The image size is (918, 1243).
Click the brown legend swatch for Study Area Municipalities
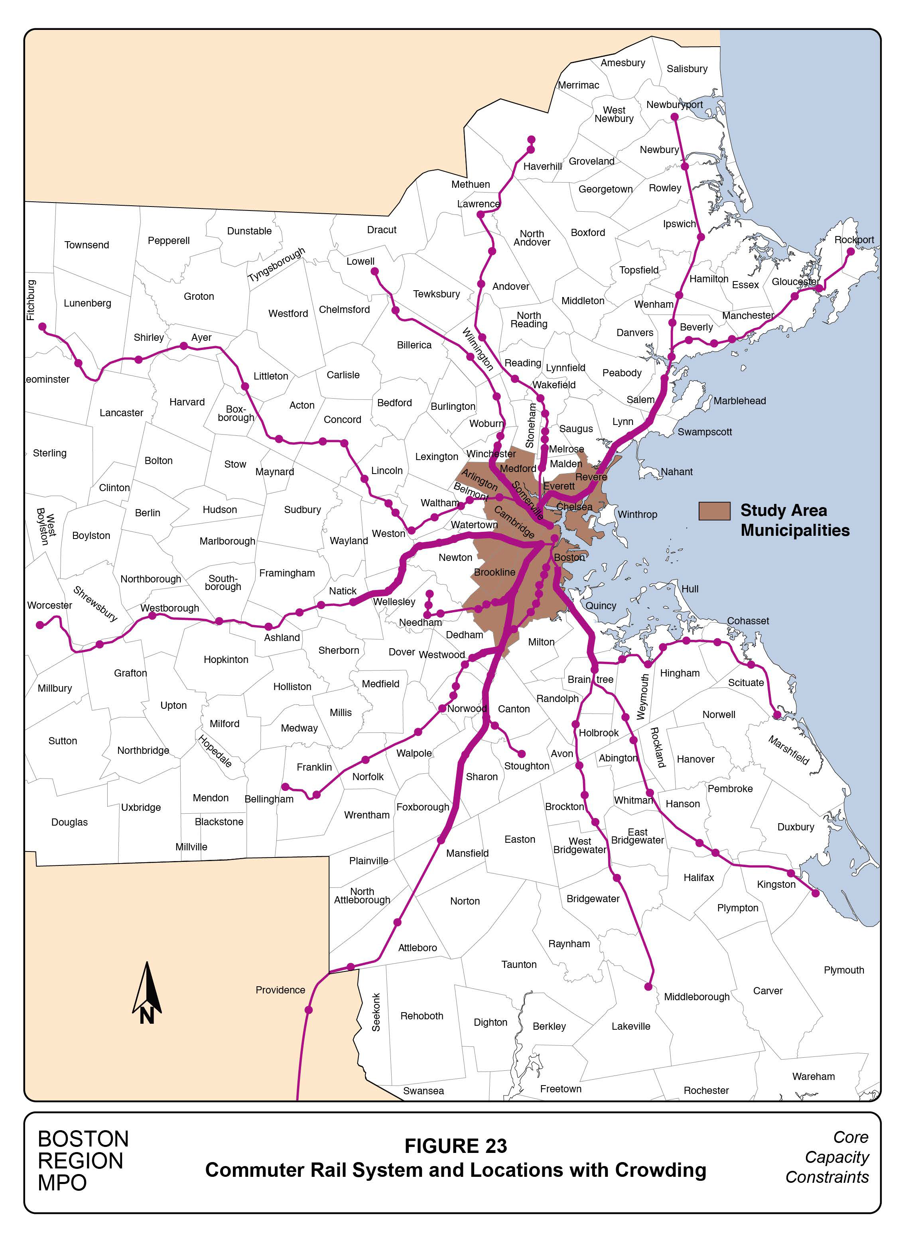click(x=714, y=511)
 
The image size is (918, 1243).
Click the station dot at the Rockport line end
click(x=850, y=252)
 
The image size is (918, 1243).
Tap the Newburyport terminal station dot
click(x=675, y=118)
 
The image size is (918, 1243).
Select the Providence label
click(x=280, y=990)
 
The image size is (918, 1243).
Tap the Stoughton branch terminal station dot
click(x=521, y=754)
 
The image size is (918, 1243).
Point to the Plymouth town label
click(x=843, y=970)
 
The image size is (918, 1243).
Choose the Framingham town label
click(x=287, y=573)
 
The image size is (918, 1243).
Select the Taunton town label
click(x=518, y=965)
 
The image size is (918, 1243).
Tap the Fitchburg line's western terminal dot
click(x=42, y=327)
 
